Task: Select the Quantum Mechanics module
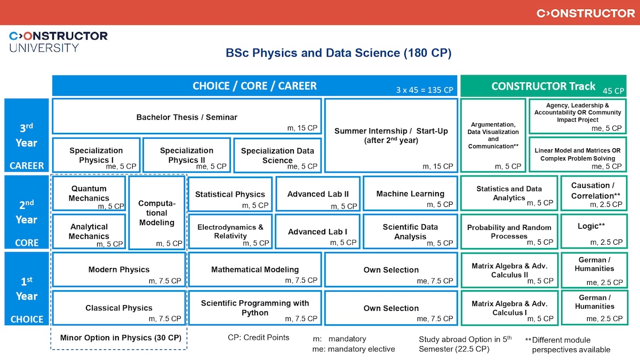89,193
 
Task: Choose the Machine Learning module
410,194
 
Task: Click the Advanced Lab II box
317,194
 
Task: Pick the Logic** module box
593,231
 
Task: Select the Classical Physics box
119,308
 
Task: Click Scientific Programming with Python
255,308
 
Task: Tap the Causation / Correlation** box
593,193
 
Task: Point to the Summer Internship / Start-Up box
390,135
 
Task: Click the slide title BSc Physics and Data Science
339,53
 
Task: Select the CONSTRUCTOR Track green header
543,86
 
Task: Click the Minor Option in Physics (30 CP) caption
121,338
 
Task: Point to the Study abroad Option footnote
465,344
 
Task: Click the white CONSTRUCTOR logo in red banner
586,13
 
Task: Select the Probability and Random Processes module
509,231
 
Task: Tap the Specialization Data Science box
277,155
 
